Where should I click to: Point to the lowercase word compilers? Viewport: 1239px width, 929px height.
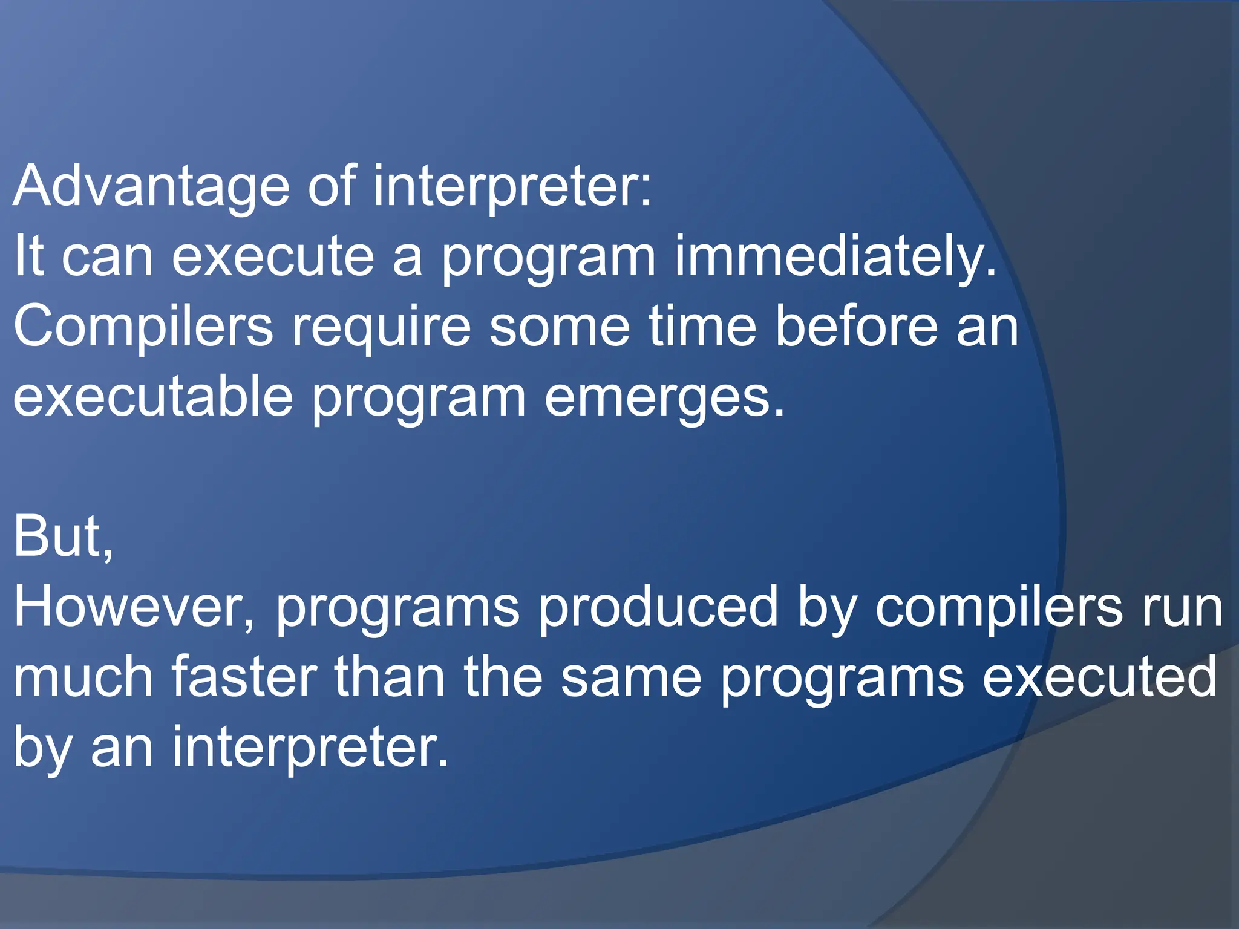(x=998, y=607)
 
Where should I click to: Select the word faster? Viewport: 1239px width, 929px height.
(x=244, y=677)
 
